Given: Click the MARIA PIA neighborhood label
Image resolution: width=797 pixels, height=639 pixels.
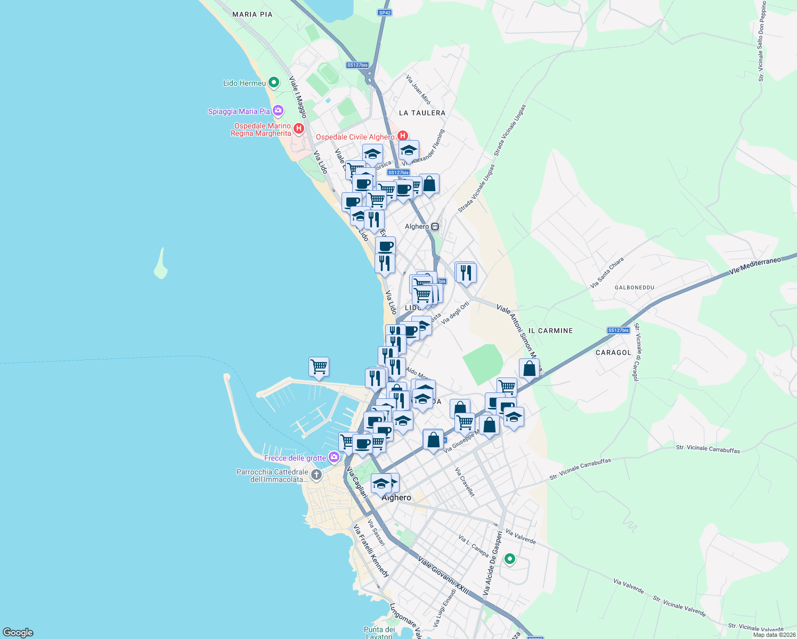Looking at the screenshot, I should (x=252, y=14).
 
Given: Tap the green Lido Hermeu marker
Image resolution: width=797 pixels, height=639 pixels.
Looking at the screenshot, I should (x=274, y=83).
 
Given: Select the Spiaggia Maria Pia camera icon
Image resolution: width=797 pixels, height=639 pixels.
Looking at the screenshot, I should (x=278, y=111).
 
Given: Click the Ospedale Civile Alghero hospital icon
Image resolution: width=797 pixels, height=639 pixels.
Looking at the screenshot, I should (x=403, y=136).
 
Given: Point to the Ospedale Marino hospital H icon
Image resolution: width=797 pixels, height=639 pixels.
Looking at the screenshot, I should (x=299, y=128).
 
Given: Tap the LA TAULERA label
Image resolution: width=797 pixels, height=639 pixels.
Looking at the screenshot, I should (x=422, y=113).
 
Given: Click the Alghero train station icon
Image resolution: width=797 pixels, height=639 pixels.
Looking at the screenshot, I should (x=435, y=226).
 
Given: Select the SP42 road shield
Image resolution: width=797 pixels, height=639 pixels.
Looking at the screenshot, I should (x=384, y=12).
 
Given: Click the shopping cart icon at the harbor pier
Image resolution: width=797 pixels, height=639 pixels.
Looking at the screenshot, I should (x=319, y=366).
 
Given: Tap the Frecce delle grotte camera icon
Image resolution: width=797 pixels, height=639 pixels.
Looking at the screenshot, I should (x=334, y=457).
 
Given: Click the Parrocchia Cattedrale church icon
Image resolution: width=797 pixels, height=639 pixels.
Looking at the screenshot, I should (x=316, y=475).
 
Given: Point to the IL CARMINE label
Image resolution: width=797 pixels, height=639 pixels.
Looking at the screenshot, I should (x=555, y=331).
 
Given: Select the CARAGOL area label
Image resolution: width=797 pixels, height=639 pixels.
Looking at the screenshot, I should (x=613, y=353).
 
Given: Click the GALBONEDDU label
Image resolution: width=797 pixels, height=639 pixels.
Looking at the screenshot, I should (x=634, y=288).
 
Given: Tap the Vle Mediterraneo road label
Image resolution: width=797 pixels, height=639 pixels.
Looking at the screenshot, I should (x=755, y=266).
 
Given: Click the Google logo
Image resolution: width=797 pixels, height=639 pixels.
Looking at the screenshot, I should (x=18, y=633).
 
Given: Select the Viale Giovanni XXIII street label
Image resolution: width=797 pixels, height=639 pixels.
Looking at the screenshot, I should (x=443, y=576).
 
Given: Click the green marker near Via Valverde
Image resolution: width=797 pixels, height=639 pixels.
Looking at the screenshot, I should (x=510, y=559).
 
